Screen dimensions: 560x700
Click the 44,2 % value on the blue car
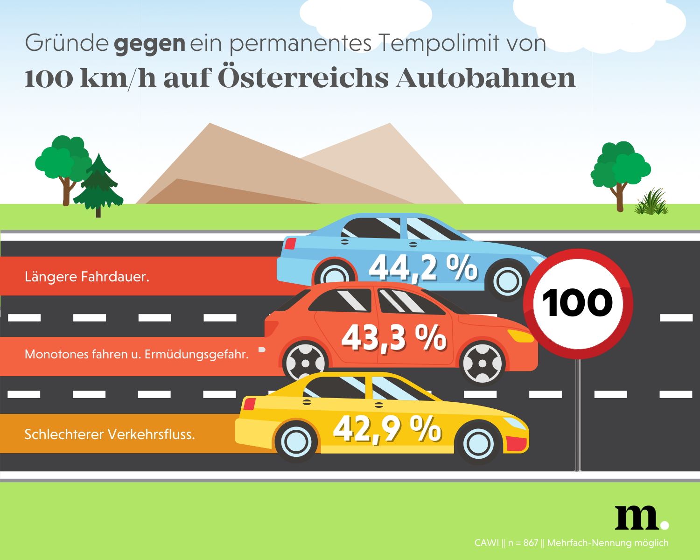[423, 268]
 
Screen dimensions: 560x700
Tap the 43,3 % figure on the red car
[394, 338]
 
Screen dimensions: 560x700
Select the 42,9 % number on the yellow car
[387, 428]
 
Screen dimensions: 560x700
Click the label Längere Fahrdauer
[87, 277]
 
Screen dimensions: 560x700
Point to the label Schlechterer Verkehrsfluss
[110, 434]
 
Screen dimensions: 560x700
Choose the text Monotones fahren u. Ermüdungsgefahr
[136, 354]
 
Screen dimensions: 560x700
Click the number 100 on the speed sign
[577, 303]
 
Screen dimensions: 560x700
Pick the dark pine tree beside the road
[98, 187]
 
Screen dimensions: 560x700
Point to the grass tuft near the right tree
[651, 203]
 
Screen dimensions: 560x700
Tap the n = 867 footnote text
[523, 543]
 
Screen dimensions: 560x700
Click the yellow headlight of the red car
[520, 336]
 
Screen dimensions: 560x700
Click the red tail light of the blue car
[290, 244]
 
